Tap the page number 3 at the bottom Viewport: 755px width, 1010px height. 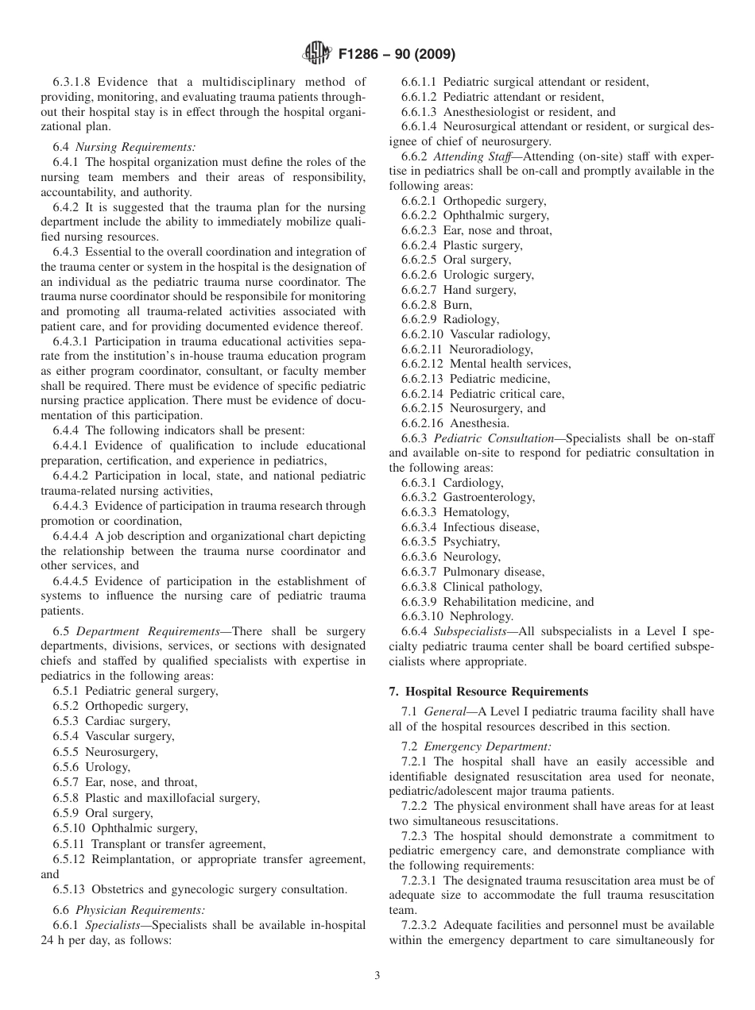pos(377,977)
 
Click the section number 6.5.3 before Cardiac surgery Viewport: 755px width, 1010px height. pos(68,721)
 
